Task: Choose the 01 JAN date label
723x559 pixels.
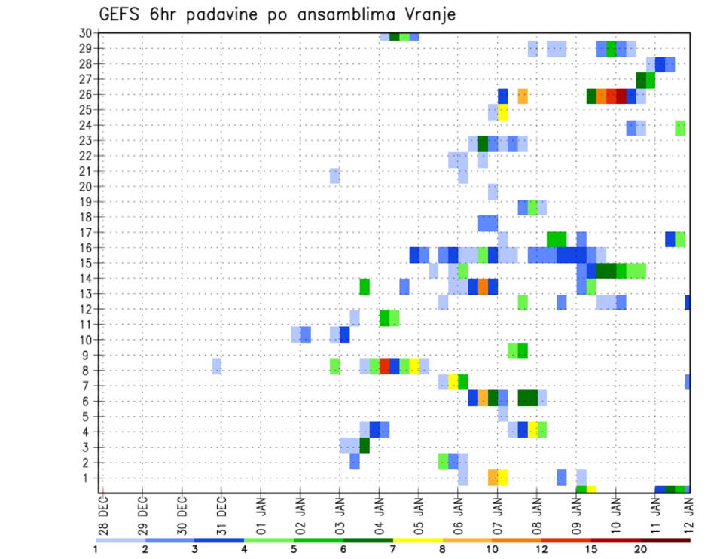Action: [261, 512]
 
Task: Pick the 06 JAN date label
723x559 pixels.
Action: [458, 512]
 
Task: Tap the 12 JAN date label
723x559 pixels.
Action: [689, 512]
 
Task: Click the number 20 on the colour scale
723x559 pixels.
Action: [641, 549]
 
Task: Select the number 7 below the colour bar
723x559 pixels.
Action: [393, 549]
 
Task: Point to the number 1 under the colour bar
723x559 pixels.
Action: [96, 549]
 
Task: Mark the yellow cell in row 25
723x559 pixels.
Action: [502, 112]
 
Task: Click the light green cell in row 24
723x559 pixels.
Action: [680, 127]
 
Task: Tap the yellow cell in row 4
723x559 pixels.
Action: [532, 429]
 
